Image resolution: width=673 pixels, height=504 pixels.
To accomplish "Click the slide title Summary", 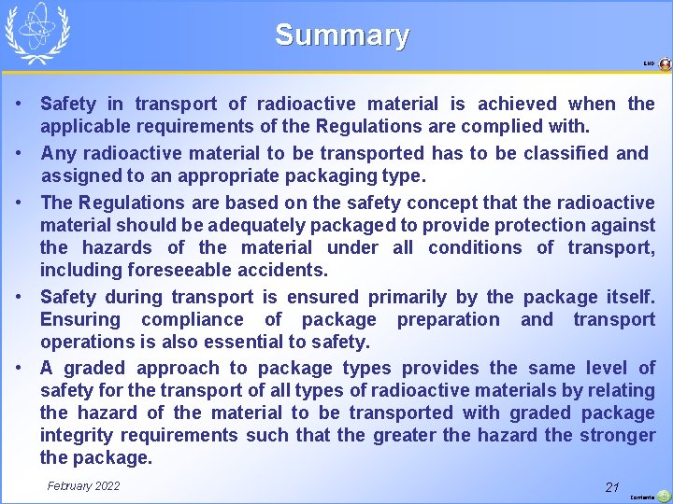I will click(x=341, y=35).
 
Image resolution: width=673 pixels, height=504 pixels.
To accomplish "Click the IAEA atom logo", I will click(x=37, y=32).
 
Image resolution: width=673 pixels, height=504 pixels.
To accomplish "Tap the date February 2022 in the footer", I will click(x=83, y=486).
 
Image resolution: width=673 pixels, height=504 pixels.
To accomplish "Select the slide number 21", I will click(x=612, y=487).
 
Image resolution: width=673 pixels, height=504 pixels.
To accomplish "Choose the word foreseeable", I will click(x=176, y=271).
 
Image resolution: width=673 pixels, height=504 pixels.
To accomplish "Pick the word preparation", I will click(x=448, y=319).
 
